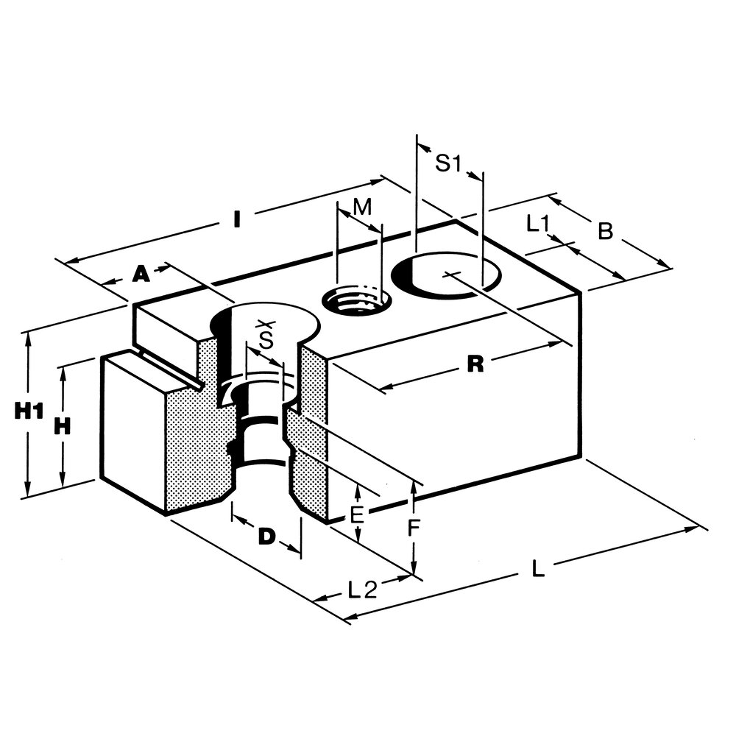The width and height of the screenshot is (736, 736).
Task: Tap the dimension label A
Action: (140, 275)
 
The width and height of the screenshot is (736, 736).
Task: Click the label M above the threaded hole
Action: (361, 208)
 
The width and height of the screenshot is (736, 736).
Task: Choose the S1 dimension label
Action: (447, 164)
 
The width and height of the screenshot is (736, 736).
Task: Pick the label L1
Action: (538, 224)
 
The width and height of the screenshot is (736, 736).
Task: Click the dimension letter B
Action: (605, 231)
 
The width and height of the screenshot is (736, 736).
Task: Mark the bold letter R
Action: (476, 364)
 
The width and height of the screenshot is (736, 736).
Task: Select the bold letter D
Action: (266, 537)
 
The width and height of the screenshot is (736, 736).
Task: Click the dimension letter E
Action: (357, 514)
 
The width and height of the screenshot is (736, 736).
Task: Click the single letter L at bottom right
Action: (538, 569)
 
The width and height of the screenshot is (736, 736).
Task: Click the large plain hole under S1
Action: (447, 277)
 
